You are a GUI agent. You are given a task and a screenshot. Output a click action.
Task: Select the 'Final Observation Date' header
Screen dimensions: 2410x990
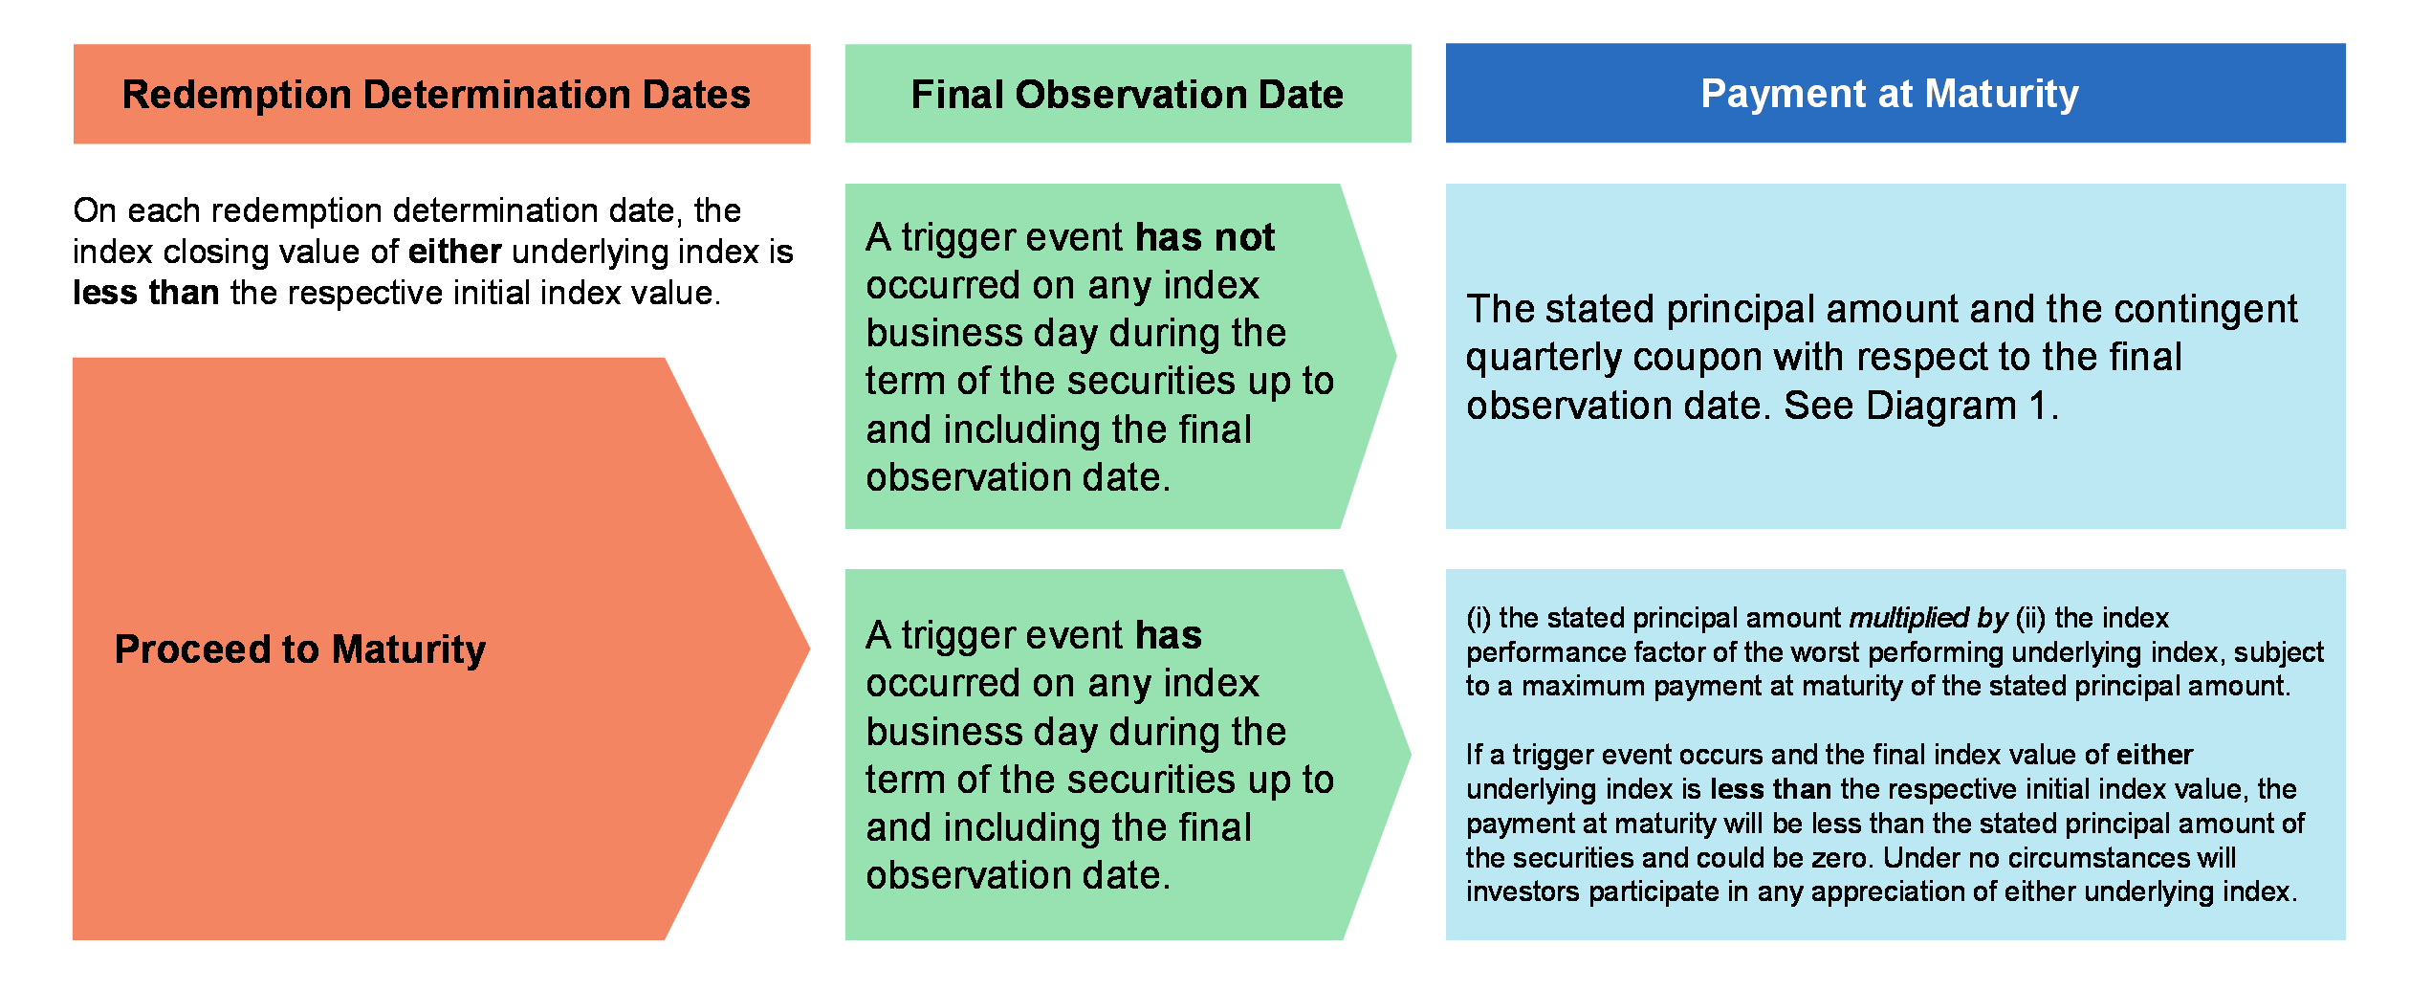tap(1128, 95)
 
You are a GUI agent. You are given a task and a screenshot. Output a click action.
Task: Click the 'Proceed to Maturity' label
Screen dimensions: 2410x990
tap(300, 649)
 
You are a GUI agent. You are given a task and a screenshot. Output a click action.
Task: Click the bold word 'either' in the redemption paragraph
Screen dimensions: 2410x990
tap(455, 252)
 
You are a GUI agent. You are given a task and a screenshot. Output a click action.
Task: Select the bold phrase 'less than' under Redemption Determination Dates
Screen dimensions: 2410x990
tap(146, 293)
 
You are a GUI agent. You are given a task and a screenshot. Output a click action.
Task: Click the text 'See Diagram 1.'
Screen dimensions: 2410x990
tap(1920, 406)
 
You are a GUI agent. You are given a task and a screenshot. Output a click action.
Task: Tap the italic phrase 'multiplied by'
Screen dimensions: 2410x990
tap(1928, 618)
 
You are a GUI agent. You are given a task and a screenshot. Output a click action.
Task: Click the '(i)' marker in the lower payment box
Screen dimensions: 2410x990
tap(1479, 618)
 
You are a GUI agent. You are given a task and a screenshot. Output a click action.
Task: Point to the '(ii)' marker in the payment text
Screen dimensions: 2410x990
tap(2030, 618)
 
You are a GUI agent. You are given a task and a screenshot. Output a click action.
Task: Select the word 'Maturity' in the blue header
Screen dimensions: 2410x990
tap(2002, 94)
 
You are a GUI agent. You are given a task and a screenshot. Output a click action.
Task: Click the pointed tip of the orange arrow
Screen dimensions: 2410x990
tap(809, 649)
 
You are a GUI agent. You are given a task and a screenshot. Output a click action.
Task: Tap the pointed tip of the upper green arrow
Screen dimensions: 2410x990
tap(1395, 357)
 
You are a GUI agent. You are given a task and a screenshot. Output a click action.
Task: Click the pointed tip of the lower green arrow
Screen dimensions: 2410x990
tap(1410, 755)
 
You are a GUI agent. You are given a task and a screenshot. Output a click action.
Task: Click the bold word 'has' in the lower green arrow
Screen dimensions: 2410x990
tap(1169, 635)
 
